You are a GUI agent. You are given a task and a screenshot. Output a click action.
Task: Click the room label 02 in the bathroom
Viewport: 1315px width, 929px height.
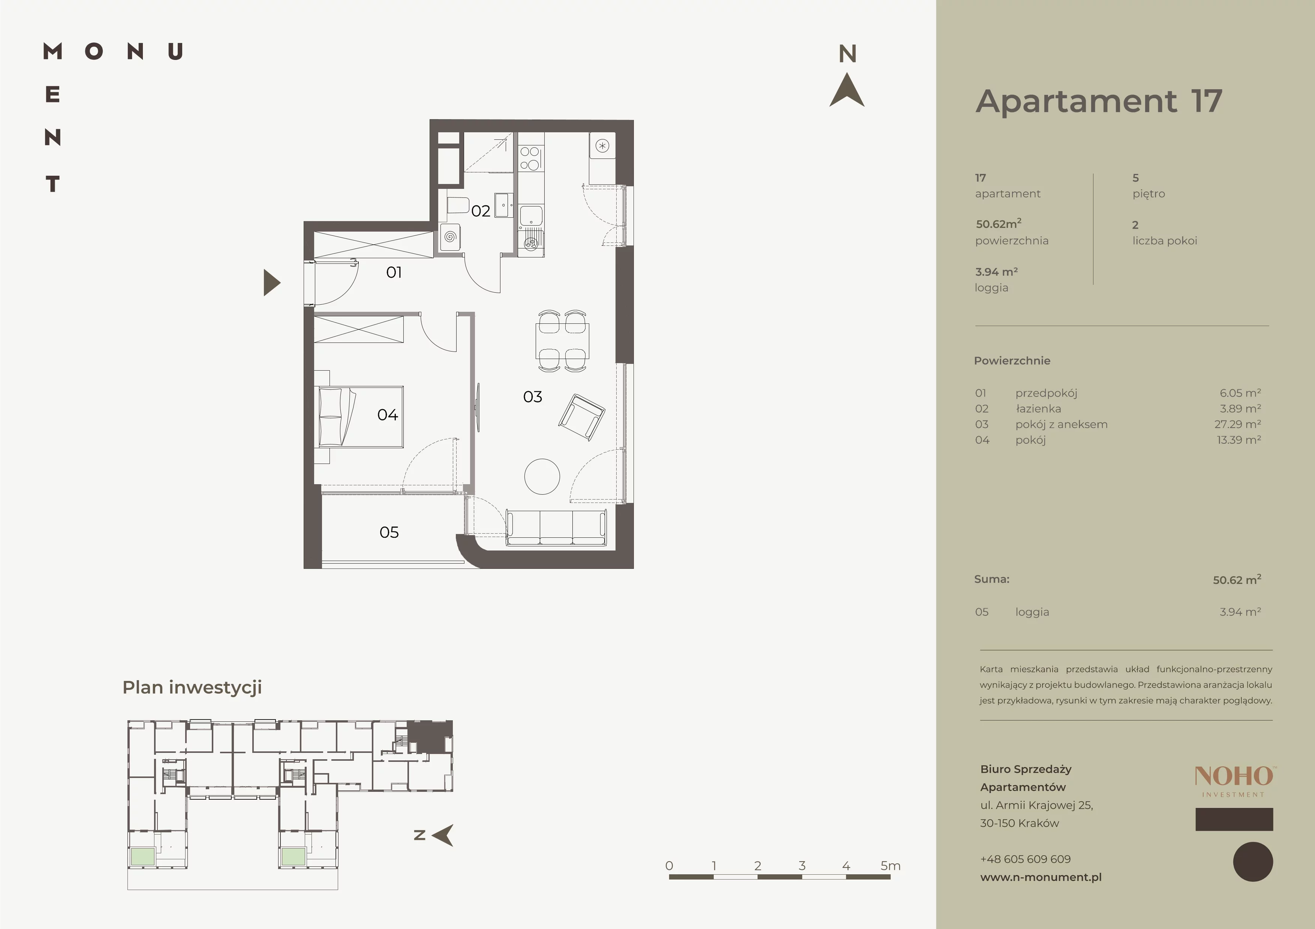pos(481,211)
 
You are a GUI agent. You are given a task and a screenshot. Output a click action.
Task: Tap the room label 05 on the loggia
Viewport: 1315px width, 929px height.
pos(389,532)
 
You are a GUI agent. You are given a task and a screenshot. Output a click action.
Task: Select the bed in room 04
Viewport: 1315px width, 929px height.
pos(361,417)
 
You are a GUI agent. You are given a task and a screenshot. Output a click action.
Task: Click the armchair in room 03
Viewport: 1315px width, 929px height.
pos(581,417)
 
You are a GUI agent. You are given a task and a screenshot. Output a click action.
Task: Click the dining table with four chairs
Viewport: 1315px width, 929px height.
pos(562,341)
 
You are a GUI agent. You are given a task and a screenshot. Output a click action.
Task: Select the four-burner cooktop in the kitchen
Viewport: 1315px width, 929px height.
pos(530,158)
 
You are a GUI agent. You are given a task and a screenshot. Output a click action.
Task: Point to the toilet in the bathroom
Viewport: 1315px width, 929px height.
pos(457,205)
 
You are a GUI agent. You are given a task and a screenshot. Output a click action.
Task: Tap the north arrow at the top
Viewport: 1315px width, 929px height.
pos(847,90)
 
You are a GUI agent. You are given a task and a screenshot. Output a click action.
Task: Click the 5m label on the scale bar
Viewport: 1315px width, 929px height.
pos(891,866)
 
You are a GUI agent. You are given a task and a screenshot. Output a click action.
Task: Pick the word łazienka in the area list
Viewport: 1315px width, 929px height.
pos(1038,409)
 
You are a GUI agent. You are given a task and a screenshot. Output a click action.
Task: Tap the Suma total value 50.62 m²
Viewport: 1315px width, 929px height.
pos(1237,579)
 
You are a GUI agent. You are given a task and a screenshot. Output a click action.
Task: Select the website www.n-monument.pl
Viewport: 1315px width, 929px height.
pos(1041,877)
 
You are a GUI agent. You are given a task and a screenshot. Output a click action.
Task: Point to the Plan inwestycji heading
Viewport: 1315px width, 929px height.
pos(192,687)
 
